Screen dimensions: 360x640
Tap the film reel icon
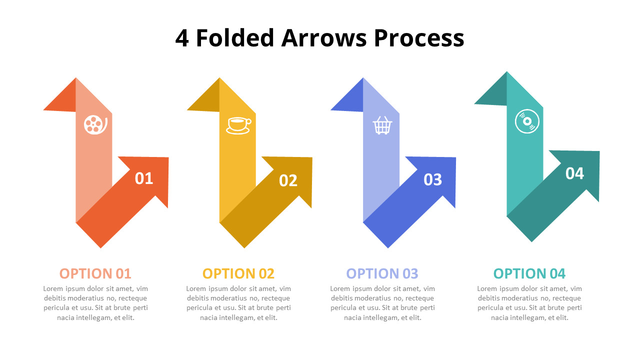pyautogui.click(x=95, y=124)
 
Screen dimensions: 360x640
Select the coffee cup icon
pyautogui.click(x=238, y=125)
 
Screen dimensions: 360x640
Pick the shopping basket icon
pyautogui.click(x=382, y=125)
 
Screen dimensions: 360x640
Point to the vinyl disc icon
pyautogui.click(x=527, y=121)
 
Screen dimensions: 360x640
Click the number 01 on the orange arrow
pyautogui.click(x=144, y=178)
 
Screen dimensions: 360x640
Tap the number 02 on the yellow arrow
pyautogui.click(x=288, y=180)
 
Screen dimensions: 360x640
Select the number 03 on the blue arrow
pyautogui.click(x=432, y=179)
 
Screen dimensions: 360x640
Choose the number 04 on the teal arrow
pyautogui.click(x=574, y=173)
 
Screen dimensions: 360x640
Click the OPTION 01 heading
pyautogui.click(x=95, y=273)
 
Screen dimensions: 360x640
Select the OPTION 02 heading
pyautogui.click(x=238, y=273)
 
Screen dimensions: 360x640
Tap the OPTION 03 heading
pyautogui.click(x=382, y=273)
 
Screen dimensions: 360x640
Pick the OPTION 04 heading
pyautogui.click(x=529, y=273)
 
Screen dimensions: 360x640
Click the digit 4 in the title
pyautogui.click(x=182, y=38)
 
